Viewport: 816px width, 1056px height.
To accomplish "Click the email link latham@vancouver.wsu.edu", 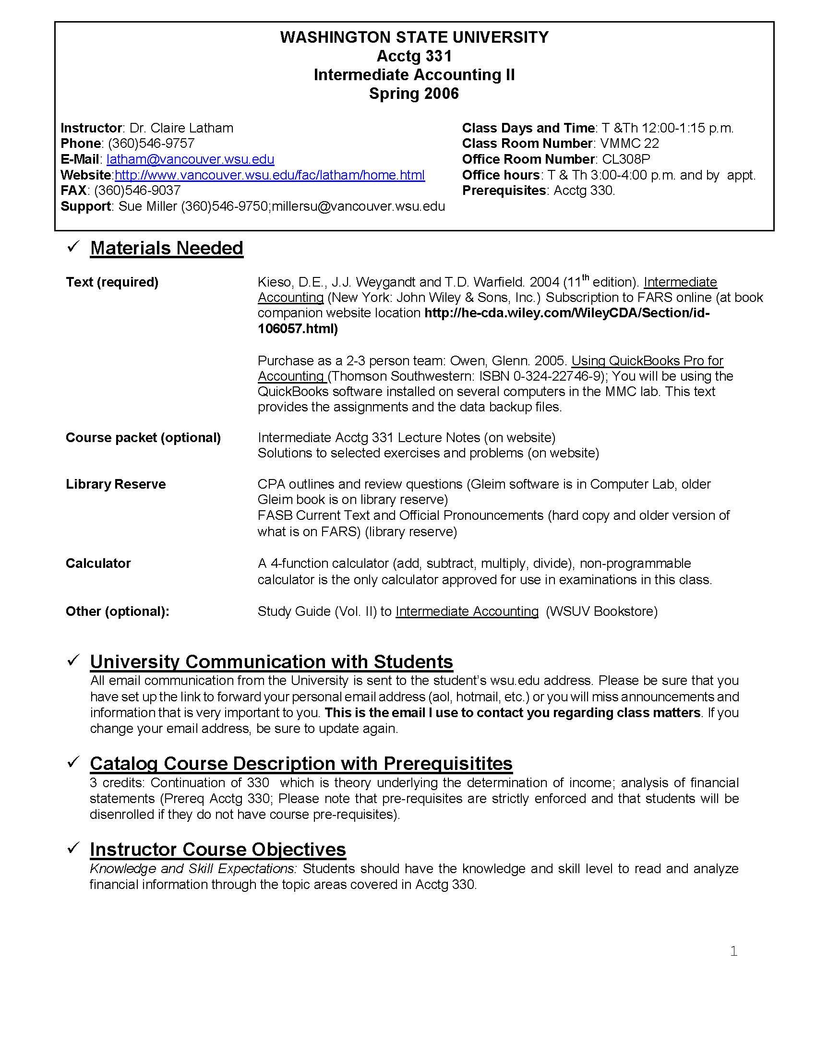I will click(x=190, y=159).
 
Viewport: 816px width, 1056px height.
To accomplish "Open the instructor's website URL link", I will click(x=269, y=175).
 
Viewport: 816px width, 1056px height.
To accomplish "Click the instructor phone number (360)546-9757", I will click(x=151, y=143).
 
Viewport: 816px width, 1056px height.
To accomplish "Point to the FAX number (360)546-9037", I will click(x=137, y=190).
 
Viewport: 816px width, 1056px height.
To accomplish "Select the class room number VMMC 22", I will click(x=629, y=143).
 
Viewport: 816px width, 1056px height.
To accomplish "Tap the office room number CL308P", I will click(x=626, y=159).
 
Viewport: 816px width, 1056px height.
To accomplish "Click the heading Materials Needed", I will click(x=166, y=248).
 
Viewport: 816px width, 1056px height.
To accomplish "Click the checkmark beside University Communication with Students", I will click(x=73, y=660).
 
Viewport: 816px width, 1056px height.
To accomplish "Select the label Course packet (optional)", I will click(x=143, y=438).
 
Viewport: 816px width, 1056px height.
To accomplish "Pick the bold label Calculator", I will click(x=98, y=564).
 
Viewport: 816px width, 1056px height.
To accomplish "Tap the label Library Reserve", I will click(x=116, y=484).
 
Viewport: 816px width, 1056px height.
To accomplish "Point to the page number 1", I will click(x=733, y=951).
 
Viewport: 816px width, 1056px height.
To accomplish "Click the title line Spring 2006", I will click(x=414, y=93).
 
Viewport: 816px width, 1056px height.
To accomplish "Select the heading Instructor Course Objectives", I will click(x=217, y=849).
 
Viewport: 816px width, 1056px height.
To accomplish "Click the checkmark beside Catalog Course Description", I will click(x=73, y=762).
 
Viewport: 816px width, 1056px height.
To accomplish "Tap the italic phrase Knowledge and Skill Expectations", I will click(x=193, y=868).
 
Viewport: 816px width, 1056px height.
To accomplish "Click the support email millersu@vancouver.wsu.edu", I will click(x=358, y=206).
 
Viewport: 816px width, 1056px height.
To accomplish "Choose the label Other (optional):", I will click(x=118, y=611).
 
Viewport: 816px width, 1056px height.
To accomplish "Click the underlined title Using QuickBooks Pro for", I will click(x=647, y=360).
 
